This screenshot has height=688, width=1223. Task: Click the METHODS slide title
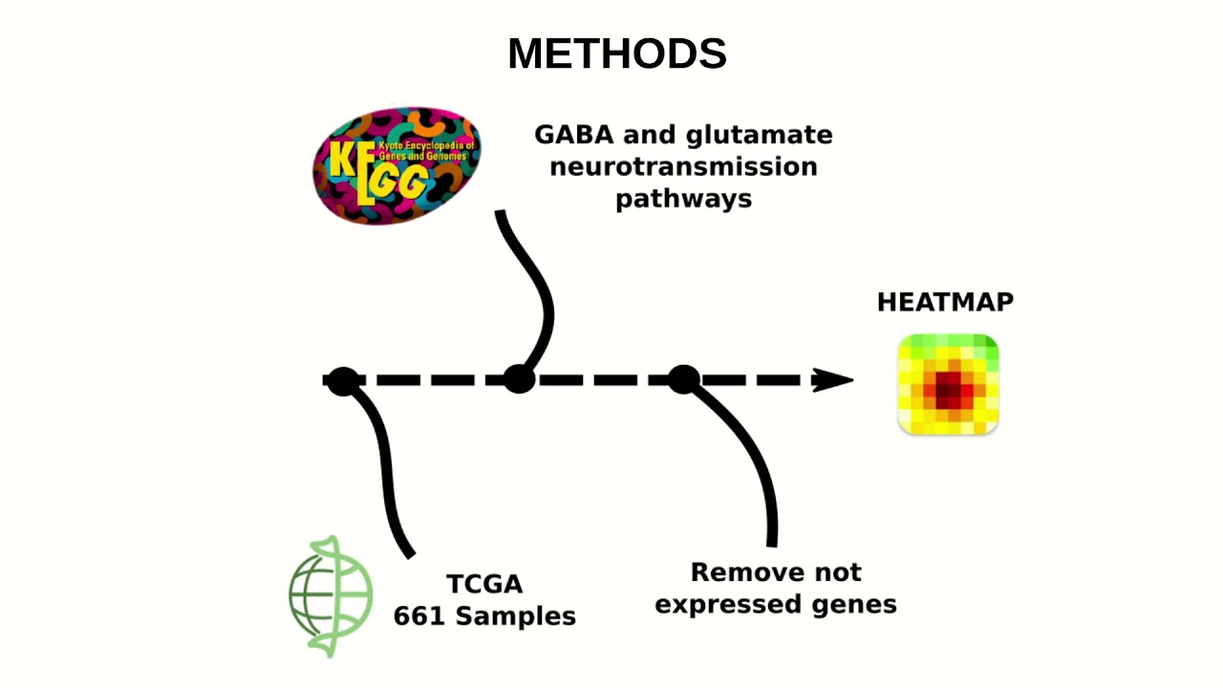[x=616, y=54]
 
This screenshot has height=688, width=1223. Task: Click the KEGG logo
[x=397, y=166]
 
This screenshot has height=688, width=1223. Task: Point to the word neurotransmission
[x=683, y=167]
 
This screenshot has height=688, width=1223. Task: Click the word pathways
[x=683, y=199]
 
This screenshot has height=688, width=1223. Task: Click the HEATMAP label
[x=945, y=302]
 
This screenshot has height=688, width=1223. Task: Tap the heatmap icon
[x=948, y=384]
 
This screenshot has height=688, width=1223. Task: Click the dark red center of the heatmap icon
[x=949, y=387]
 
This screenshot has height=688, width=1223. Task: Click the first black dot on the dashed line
[x=343, y=380]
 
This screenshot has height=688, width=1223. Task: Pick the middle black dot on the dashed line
[x=519, y=379]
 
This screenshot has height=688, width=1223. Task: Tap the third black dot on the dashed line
[x=683, y=379]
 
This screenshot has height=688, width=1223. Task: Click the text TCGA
[x=484, y=584]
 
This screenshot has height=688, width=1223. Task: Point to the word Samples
[x=515, y=616]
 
